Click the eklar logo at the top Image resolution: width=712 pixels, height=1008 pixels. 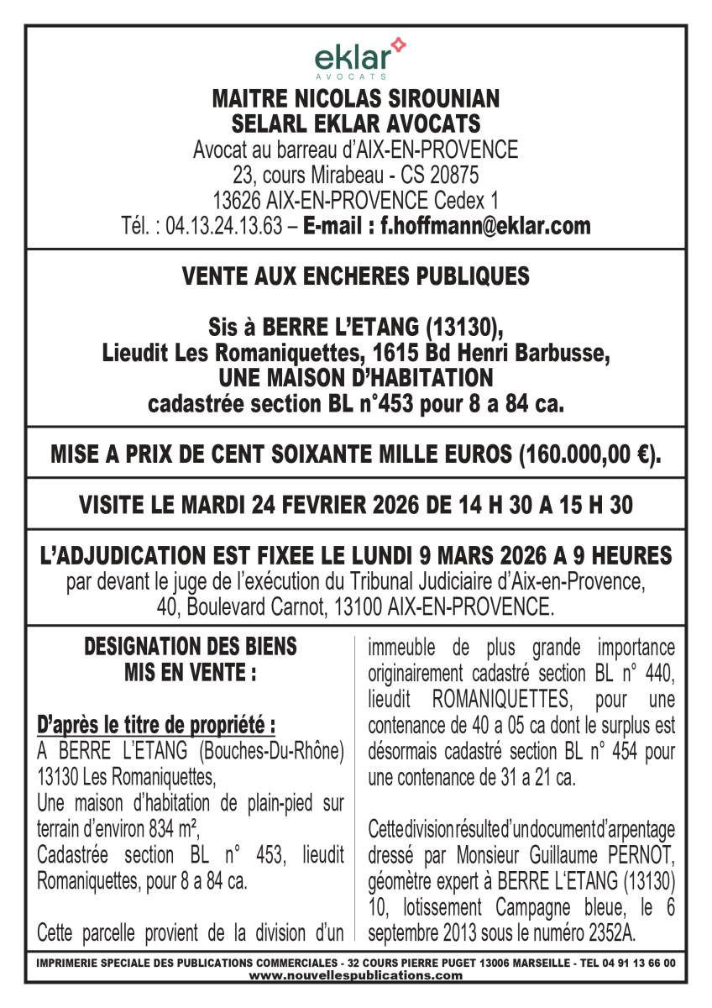tap(356, 59)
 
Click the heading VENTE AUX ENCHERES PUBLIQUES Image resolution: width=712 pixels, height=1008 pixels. tap(356, 276)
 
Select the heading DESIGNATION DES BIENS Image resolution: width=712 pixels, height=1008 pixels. tap(191, 647)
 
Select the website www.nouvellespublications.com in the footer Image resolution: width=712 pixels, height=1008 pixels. tap(356, 975)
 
